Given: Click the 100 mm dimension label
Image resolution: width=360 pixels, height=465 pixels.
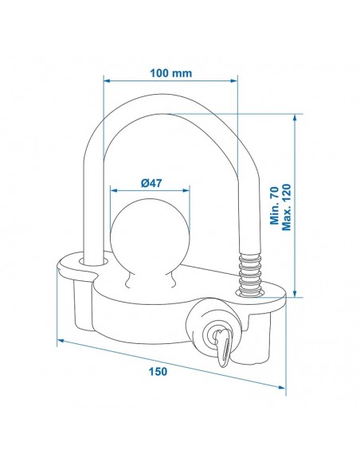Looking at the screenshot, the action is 170,73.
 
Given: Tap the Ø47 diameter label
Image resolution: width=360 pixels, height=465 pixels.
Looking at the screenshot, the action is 151,183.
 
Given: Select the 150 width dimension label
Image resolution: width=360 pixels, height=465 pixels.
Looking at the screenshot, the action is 158,371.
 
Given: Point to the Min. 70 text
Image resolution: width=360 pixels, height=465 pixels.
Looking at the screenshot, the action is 274,205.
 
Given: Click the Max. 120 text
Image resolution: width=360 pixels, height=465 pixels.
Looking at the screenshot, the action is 287,207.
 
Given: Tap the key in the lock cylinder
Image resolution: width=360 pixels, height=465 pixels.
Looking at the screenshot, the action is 223,347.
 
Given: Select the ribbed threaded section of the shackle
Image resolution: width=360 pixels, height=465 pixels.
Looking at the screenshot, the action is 250,275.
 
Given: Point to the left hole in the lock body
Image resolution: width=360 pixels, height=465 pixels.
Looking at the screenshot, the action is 94,261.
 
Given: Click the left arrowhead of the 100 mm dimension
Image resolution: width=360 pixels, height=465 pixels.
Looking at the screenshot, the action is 107,80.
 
